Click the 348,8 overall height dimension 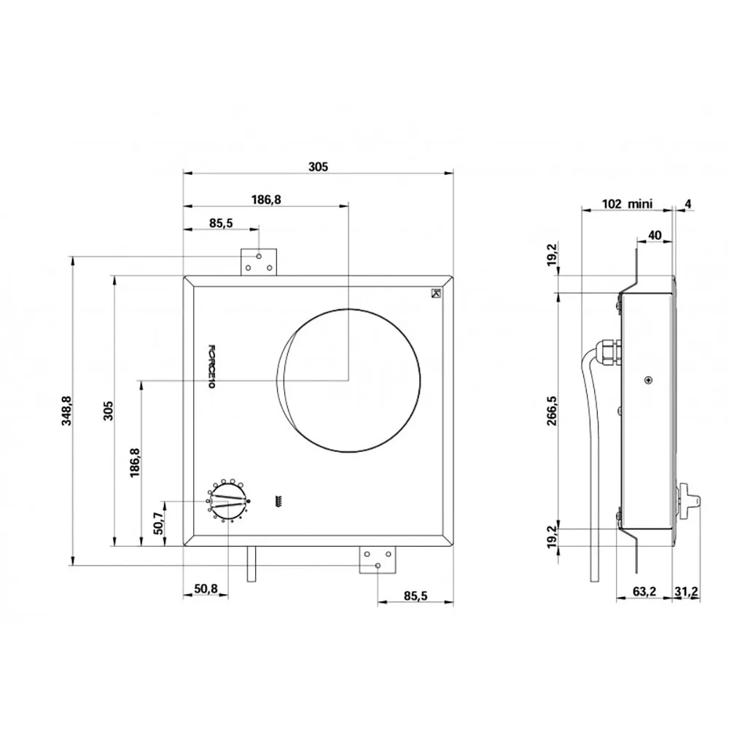[66, 410]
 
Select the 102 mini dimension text [627, 203]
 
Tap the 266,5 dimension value [552, 410]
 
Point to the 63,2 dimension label [644, 591]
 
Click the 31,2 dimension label [686, 591]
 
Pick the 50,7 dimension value [158, 523]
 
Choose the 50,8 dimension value [206, 588]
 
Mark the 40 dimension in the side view [654, 235]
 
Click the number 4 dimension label [688, 203]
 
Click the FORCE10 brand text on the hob [211, 367]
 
